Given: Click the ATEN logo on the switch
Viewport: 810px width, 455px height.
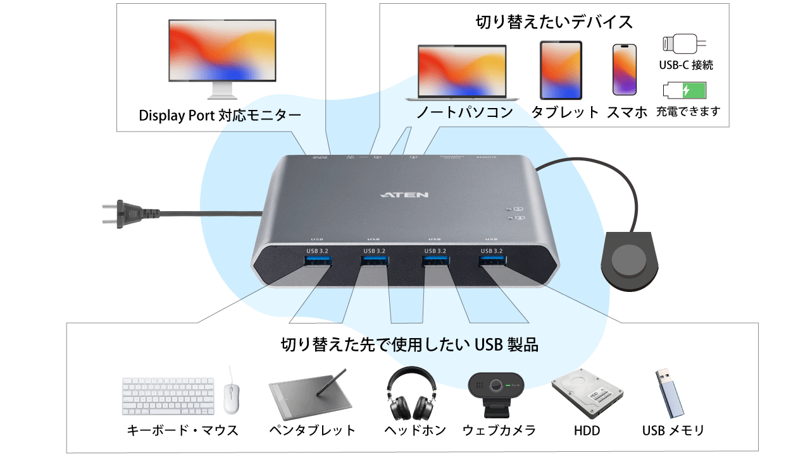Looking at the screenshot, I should [x=405, y=195].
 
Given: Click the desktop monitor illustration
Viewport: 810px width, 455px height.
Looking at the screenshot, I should [x=221, y=57].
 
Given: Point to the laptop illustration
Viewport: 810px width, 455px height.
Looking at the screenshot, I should [x=463, y=72].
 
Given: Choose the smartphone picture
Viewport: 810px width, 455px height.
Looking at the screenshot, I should [x=625, y=70].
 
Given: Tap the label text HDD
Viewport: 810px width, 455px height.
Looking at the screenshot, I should [x=587, y=431].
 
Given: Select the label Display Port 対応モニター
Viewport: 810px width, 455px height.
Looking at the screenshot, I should [x=220, y=116].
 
